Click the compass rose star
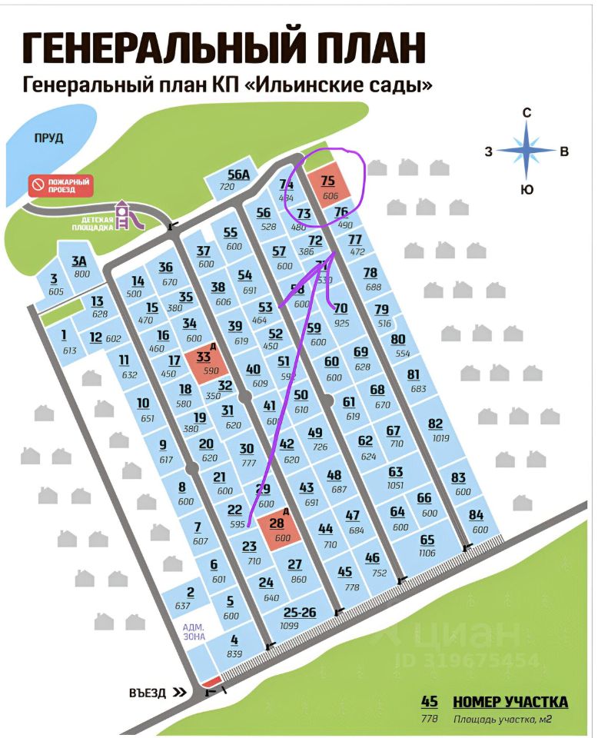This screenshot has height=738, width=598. tap(527, 151)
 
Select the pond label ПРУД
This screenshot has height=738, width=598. tap(48, 138)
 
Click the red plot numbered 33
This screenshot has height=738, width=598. tap(203, 362)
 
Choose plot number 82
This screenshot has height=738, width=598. tap(436, 424)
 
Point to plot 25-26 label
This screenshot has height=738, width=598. tap(300, 613)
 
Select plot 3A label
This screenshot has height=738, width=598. tap(80, 261)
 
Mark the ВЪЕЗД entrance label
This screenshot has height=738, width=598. tap(148, 693)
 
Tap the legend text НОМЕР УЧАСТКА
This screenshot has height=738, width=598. tap(510, 701)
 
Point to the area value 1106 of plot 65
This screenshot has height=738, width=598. tap(427, 552)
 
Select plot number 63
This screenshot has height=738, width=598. tap(396, 471)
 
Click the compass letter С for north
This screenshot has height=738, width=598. tap(527, 113)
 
